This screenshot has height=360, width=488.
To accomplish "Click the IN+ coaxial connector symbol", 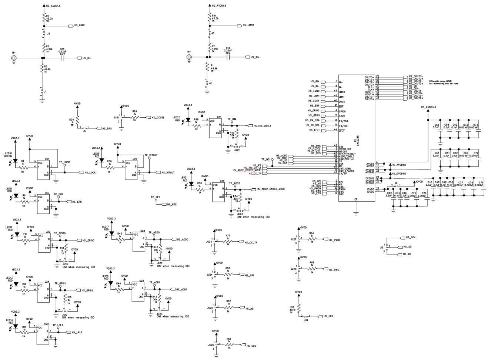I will pos(189,57).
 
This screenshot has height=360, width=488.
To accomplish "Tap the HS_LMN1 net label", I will pos(80,26).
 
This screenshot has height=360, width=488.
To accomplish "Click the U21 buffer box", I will pos(44,170).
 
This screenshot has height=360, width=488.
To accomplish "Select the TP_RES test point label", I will pos(155,197).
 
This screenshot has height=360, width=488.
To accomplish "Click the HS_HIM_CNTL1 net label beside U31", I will pos(262,126).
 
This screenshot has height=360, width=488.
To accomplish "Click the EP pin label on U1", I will pos(356,199).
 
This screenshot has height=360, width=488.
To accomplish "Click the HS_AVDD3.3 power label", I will pos(429,107).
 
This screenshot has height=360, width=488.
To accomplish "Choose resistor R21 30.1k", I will pos(293,309).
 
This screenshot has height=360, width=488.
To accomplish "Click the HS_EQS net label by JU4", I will pos(328,317).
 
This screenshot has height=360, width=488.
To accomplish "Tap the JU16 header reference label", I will pos(65,264).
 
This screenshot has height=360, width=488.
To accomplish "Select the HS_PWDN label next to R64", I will pos(334,240).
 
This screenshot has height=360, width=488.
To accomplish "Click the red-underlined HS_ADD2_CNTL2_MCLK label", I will pos(247,170).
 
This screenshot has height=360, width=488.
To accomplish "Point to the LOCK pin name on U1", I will pos(342,101).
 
